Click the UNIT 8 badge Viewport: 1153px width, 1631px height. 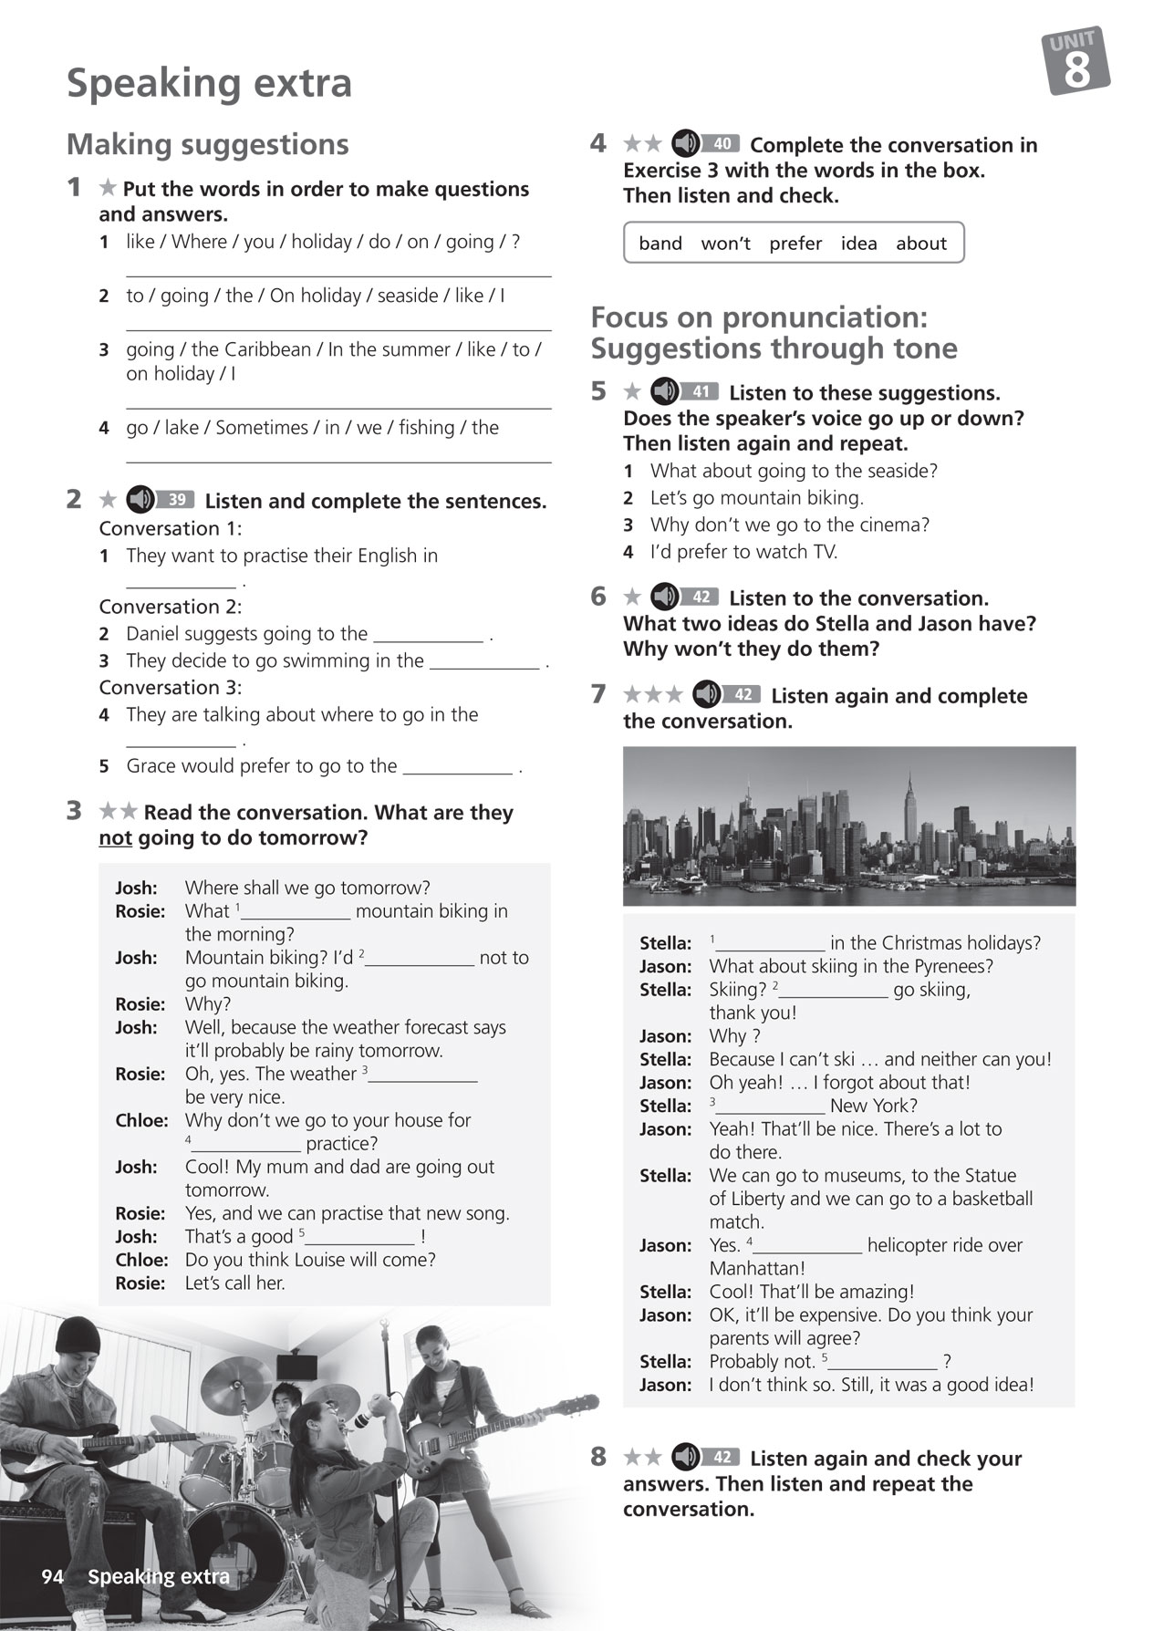1076,61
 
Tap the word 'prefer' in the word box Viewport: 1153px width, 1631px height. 795,244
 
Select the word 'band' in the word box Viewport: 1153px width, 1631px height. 660,244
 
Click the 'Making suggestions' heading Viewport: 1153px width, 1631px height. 208,144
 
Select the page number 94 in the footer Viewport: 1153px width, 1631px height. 52,1576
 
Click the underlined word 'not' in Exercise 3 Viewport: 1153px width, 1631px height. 115,837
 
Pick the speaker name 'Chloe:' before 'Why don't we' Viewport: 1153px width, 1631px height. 141,1120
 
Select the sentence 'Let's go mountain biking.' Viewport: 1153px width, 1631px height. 756,498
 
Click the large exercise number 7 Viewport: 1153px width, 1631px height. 598,695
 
